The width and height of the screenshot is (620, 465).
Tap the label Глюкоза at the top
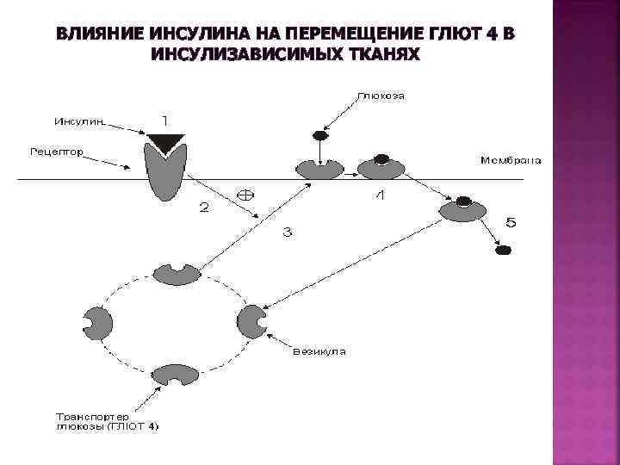click(380, 96)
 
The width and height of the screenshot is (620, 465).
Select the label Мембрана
click(512, 159)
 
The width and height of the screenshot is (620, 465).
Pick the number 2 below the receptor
click(204, 207)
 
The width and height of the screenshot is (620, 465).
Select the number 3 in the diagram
click(287, 231)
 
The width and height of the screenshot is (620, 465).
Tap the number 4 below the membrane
click(380, 197)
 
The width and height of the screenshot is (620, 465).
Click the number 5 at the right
click(510, 223)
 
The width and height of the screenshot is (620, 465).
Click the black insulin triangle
click(165, 140)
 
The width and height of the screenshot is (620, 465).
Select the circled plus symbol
click(245, 194)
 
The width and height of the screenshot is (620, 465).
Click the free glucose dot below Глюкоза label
click(319, 135)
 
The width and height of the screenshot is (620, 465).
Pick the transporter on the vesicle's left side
click(97, 322)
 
